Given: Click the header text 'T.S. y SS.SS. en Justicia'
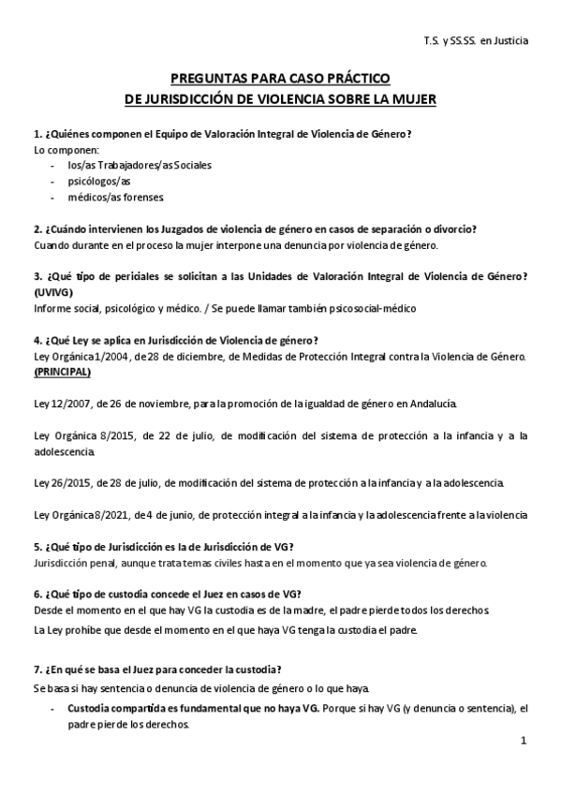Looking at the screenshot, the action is [475, 41].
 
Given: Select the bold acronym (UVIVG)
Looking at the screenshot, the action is [53, 292].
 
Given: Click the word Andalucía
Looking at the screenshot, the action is [432, 403].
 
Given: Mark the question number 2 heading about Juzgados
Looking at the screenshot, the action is [255, 229].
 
